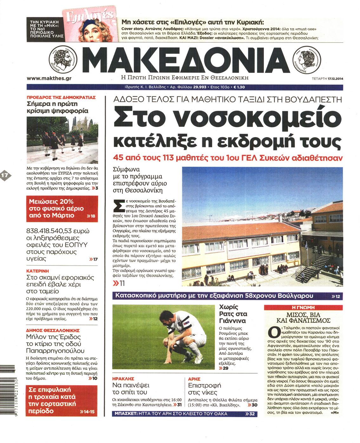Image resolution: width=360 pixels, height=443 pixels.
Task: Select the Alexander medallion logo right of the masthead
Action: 307,59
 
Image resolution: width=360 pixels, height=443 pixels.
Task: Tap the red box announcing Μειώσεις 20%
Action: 62,209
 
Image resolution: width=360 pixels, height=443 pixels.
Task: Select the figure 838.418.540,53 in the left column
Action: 58,231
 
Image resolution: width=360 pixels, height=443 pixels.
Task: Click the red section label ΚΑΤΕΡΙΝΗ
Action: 38,271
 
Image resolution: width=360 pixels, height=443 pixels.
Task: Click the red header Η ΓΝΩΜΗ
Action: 303,307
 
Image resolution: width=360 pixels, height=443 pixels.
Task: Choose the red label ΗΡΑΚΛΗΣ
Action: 123,379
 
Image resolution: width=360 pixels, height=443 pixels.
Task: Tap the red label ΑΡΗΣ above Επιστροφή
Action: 194,379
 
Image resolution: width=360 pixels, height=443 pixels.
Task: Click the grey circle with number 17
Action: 5,175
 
